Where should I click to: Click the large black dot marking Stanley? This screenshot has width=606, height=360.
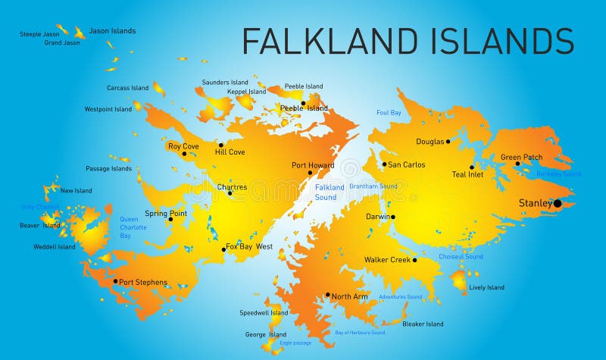point(558,203)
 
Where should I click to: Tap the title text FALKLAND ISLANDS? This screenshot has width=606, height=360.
point(408,40)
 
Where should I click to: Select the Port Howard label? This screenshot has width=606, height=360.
point(313,165)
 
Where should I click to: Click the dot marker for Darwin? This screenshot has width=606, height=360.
point(392,217)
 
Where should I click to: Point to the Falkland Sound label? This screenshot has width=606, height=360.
point(330,193)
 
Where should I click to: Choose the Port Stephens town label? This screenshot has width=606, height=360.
point(143,282)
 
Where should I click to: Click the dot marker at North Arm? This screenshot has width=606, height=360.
point(328,295)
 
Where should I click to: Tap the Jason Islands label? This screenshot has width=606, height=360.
point(113,31)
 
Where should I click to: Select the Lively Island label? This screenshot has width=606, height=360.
point(486,287)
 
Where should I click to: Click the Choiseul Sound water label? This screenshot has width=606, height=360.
point(461,257)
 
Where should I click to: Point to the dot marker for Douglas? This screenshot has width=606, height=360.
point(448,141)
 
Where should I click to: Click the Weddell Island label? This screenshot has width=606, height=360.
point(55,246)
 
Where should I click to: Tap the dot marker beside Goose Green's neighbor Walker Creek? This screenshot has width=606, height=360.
point(414,260)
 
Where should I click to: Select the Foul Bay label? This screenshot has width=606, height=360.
point(389,113)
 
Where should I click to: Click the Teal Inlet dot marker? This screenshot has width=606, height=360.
point(472,167)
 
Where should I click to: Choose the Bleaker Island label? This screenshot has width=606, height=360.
point(423,324)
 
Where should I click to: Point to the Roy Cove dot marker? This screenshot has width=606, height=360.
point(184,154)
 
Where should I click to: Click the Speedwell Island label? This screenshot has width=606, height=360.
point(264,312)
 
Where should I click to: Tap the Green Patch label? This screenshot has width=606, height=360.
point(521,157)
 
